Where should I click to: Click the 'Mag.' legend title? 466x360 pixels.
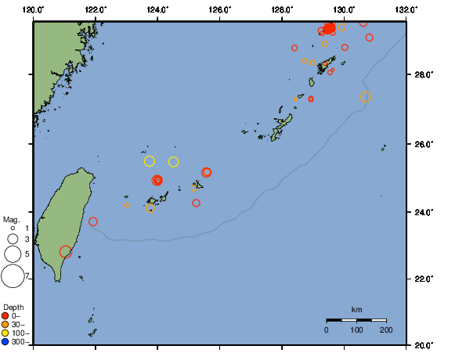pyautogui.click(x=11, y=220)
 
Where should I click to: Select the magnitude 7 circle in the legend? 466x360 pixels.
pyautogui.click(x=13, y=276)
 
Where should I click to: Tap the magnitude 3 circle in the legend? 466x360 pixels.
pyautogui.click(x=13, y=239)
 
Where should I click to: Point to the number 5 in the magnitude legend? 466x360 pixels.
pyautogui.click(x=27, y=254)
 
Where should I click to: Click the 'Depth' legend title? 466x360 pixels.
pyautogui.click(x=13, y=306)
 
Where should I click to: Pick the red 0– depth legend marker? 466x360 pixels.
pyautogui.click(x=5, y=315)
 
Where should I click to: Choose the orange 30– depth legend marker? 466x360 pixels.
pyautogui.click(x=5, y=324)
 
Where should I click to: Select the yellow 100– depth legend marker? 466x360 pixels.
pyautogui.click(x=5, y=333)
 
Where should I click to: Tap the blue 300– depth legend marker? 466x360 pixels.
pyautogui.click(x=5, y=341)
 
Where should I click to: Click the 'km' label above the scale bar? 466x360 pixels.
pyautogui.click(x=356, y=310)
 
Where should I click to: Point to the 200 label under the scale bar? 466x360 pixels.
pyautogui.click(x=386, y=330)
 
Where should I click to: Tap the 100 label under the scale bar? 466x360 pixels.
pyautogui.click(x=356, y=330)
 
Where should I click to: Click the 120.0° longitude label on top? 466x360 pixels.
pyautogui.click(x=34, y=9)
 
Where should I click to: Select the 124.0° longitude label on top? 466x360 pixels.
pyautogui.click(x=157, y=9)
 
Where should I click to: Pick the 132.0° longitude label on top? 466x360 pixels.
pyautogui.click(x=406, y=9)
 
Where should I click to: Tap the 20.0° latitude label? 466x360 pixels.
pyautogui.click(x=424, y=345)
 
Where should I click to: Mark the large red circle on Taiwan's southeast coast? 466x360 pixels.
pyautogui.click(x=66, y=251)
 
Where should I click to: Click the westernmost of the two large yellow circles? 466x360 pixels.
pyautogui.click(x=150, y=161)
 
